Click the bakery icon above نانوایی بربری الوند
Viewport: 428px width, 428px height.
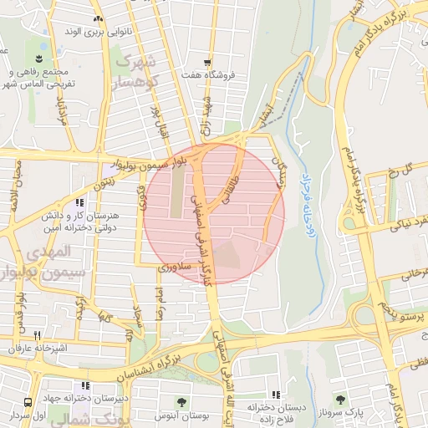coord(99,18)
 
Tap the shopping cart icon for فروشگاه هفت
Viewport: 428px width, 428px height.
coord(207,63)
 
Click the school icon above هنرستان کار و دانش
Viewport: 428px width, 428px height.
coord(79,202)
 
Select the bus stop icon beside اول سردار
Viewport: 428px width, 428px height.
coord(28,403)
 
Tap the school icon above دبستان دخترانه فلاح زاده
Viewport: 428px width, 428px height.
coord(274,395)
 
